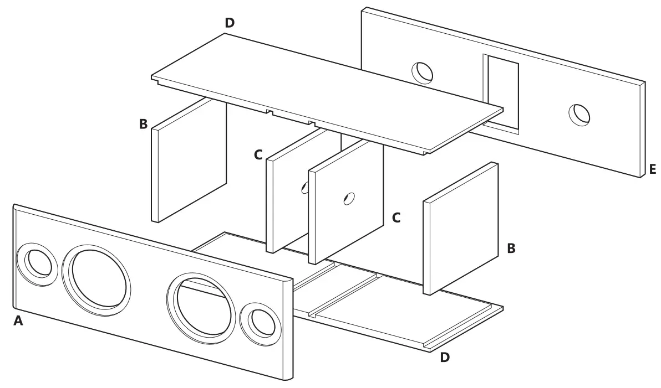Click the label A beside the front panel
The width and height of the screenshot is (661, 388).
18,320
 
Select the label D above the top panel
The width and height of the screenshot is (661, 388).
230,23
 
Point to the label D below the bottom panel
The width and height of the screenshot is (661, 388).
445,358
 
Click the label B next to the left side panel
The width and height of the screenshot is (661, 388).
143,124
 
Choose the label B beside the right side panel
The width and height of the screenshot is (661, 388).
511,249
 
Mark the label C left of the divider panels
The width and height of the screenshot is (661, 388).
258,156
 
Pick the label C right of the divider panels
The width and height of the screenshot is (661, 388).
396,218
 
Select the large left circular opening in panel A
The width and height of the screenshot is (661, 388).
97,277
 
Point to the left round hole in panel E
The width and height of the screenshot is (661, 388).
423,71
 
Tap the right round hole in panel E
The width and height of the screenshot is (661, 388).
580,114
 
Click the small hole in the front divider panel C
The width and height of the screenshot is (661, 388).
348,199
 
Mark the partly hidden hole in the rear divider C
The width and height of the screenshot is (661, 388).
304,188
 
